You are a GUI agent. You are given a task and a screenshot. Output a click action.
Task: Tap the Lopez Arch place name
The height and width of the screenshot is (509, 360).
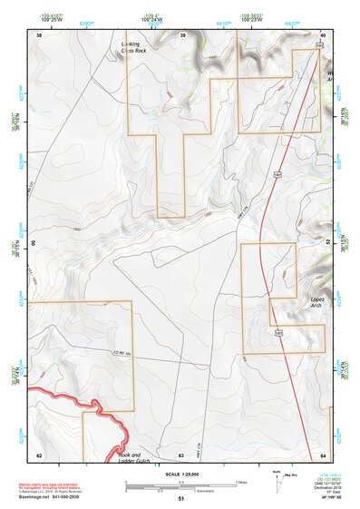click(x=317, y=301)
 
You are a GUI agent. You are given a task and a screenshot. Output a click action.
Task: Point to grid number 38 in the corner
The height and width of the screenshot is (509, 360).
click(x=39, y=34)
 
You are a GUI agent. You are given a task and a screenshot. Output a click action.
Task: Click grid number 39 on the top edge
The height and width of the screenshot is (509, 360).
click(x=182, y=34)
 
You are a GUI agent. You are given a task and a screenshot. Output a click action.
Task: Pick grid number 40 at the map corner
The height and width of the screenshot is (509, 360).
click(x=324, y=34)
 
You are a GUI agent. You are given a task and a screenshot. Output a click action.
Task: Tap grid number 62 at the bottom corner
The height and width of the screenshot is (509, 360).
click(x=39, y=454)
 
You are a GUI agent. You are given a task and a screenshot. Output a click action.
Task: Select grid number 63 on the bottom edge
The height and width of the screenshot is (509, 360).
click(x=181, y=454)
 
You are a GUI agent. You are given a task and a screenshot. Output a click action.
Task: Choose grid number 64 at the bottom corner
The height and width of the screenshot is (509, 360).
click(x=324, y=454)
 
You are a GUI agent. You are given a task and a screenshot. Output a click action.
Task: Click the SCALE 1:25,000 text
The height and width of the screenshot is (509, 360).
click(x=181, y=474)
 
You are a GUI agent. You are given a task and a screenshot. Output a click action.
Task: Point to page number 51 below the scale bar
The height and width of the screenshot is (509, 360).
click(x=181, y=499)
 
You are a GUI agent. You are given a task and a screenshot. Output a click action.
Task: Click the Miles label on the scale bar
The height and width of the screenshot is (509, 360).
click(x=241, y=482)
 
